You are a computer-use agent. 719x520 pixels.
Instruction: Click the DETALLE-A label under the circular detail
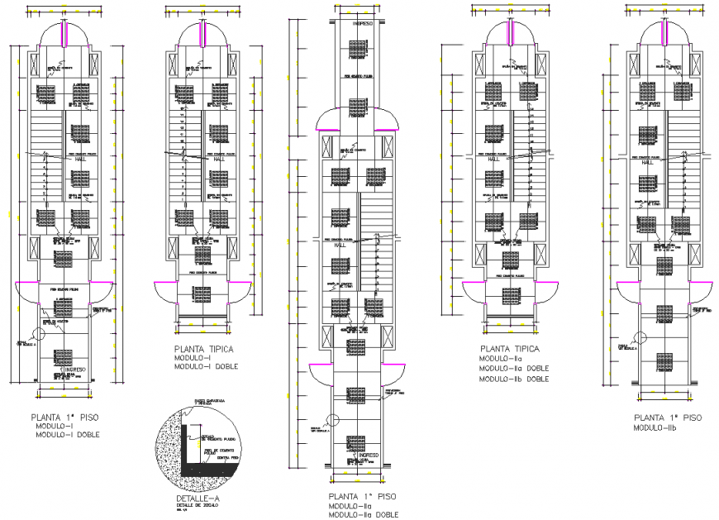198,500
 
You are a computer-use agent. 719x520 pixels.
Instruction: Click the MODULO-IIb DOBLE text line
515,379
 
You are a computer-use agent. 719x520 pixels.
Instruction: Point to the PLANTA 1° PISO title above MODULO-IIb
667,417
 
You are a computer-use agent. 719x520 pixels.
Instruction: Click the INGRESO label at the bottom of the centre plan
369,456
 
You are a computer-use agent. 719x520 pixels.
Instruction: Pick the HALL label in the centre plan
340,246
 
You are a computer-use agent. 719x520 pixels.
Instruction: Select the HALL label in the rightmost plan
647,162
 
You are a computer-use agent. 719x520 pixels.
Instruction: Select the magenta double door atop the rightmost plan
667,37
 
